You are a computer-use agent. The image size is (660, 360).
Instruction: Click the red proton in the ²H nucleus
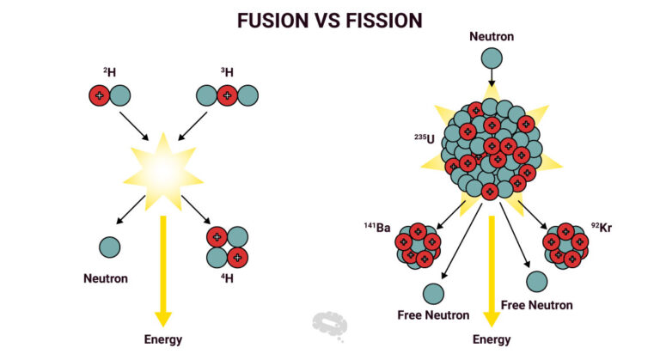click(99, 95)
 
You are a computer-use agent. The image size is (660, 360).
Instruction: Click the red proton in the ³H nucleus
click(227, 95)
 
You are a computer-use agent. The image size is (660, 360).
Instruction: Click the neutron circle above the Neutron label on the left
click(109, 247)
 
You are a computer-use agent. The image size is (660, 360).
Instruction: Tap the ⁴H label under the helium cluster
click(227, 279)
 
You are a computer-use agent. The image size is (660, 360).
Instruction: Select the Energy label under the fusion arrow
click(162, 339)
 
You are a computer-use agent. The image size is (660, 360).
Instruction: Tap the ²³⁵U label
click(425, 137)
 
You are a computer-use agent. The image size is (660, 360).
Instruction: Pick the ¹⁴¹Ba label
click(377, 228)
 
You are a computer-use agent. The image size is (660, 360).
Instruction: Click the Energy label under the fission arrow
click(491, 339)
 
